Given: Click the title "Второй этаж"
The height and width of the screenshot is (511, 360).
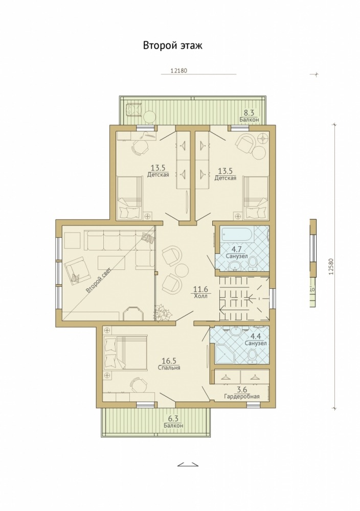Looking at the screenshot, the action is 173,45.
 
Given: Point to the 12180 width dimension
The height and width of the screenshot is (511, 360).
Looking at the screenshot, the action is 178,71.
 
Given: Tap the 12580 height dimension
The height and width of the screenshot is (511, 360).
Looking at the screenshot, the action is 332,267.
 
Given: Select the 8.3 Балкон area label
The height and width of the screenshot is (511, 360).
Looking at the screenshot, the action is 250,116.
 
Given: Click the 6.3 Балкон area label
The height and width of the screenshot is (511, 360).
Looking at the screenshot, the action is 173,422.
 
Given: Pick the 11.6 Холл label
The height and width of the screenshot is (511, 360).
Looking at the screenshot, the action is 200,292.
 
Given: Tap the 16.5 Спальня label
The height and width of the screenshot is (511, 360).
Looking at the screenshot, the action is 169,364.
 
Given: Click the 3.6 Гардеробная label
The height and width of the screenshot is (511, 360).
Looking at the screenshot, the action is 242,392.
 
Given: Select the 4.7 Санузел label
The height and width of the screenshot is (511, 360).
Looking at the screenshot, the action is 236,253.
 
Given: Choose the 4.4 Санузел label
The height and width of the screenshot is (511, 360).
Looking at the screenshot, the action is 256,340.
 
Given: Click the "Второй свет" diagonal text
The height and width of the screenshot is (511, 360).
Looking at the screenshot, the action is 99,280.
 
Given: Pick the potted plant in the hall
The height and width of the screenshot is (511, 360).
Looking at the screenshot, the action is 163,312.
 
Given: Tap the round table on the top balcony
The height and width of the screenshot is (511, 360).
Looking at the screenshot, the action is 150,117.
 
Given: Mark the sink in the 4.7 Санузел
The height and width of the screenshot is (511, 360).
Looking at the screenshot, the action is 234,266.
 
